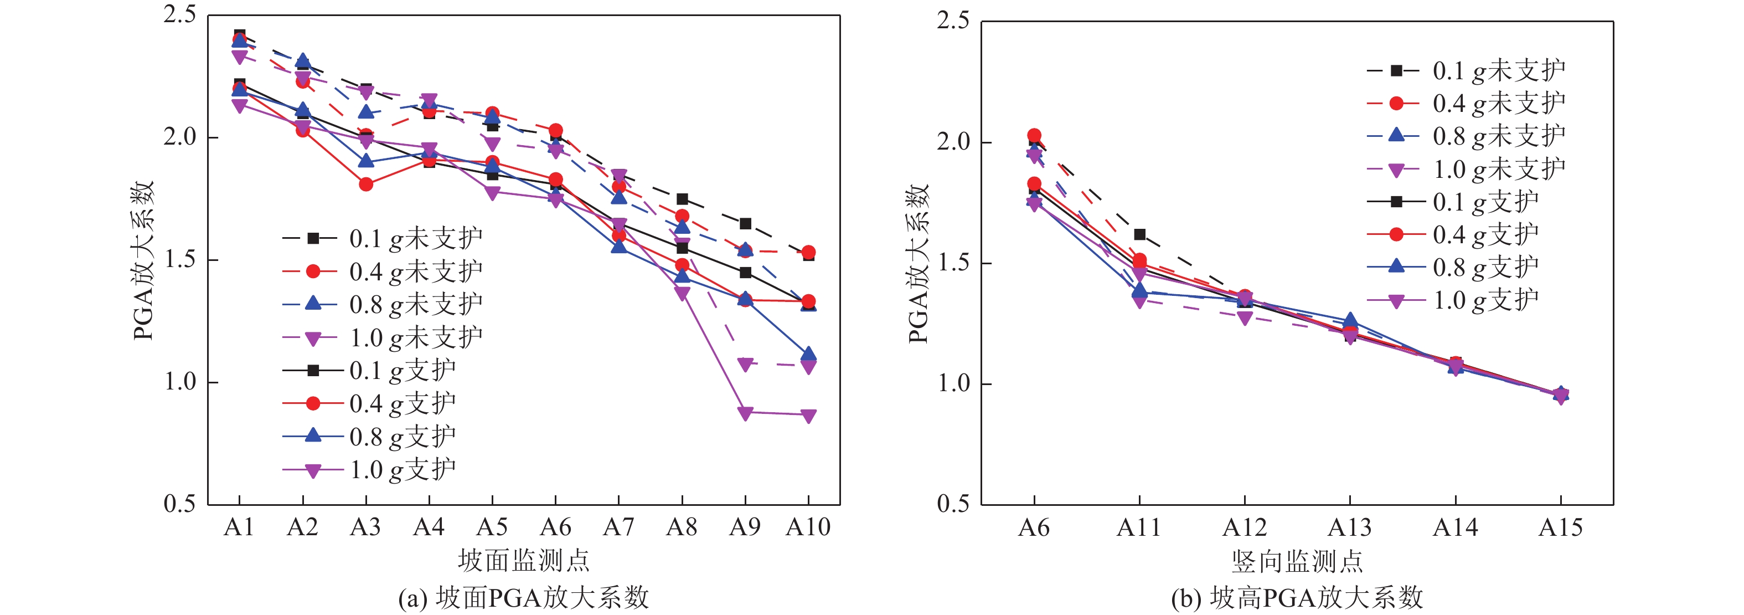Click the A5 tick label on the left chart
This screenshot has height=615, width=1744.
[492, 527]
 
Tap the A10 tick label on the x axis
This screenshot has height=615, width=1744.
[808, 527]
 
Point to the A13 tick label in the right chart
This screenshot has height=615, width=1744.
[1349, 527]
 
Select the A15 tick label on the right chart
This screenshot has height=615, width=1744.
[1561, 527]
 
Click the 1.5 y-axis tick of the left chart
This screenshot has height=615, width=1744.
[180, 259]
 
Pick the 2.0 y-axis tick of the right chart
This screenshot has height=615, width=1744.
[953, 142]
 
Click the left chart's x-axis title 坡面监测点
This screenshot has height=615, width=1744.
[523, 561]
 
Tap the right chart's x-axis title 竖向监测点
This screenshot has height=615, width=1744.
[1297, 561]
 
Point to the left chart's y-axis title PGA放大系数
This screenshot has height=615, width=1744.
[144, 261]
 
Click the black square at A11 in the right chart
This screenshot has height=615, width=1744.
[1139, 234]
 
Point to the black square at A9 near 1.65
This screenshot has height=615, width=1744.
[745, 223]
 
